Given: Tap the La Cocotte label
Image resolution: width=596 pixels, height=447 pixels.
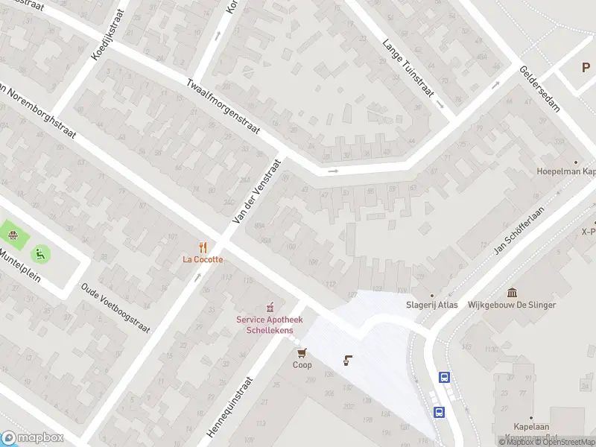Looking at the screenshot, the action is point(203,259).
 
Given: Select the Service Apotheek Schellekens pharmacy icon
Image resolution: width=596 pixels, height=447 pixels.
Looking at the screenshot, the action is point(270,308).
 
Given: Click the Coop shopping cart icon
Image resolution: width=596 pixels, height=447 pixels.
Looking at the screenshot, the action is point(302,353).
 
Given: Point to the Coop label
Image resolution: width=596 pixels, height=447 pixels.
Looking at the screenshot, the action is point(302,365).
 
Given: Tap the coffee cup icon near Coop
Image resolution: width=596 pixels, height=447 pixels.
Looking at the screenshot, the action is point(347,361).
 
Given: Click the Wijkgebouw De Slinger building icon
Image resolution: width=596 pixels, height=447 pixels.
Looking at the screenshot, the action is point(512,293).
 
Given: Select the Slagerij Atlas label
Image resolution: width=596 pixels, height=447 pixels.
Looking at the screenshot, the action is point(431,305).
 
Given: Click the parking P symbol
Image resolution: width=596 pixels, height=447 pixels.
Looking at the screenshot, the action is point(586,68).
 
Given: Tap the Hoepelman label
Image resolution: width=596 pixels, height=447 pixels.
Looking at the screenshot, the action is point(566,171).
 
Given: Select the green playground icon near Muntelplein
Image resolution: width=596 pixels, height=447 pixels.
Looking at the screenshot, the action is point(39,254).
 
